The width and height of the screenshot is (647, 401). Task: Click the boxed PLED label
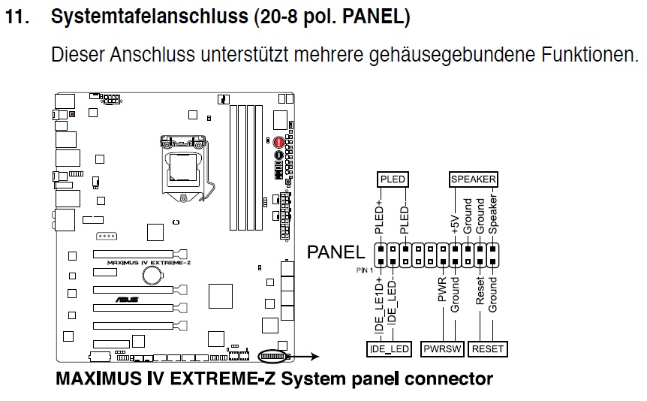(394, 179)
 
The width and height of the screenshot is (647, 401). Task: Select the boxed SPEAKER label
(473, 179)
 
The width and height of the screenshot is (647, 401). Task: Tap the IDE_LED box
(388, 349)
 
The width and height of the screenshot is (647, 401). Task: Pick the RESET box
(487, 349)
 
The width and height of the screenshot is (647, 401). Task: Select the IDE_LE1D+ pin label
(381, 305)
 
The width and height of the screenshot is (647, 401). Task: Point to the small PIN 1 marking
(365, 269)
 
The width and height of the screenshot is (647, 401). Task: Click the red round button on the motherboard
(278, 142)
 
